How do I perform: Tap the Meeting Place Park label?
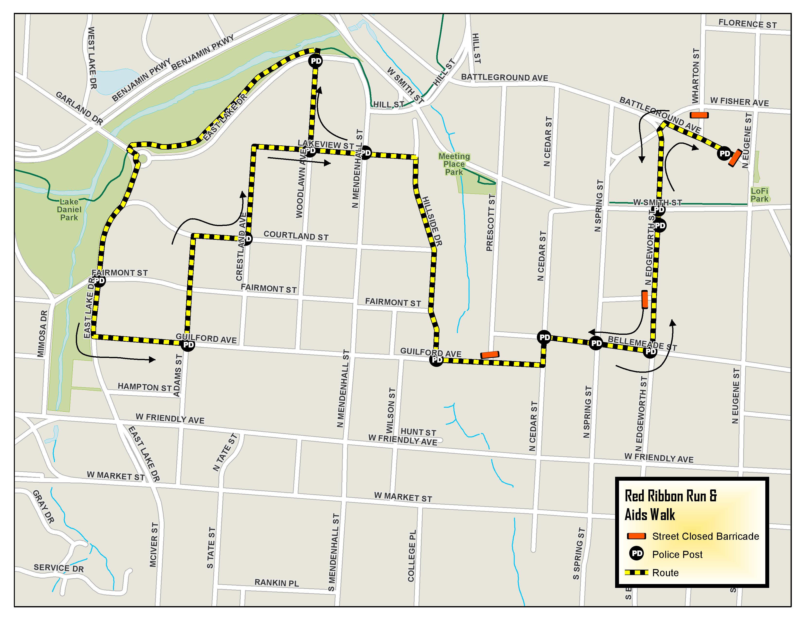click(454, 164)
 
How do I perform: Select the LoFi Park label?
click(759, 195)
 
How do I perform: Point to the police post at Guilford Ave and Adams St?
click(188, 345)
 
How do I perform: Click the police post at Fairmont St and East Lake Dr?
click(99, 281)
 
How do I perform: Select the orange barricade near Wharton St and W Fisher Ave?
click(699, 115)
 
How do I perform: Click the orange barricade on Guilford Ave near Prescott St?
click(490, 355)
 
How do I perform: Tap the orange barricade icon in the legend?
click(636, 536)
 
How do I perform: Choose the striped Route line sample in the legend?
click(636, 573)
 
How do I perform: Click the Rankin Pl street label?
click(277, 583)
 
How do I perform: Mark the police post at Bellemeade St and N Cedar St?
click(544, 337)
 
